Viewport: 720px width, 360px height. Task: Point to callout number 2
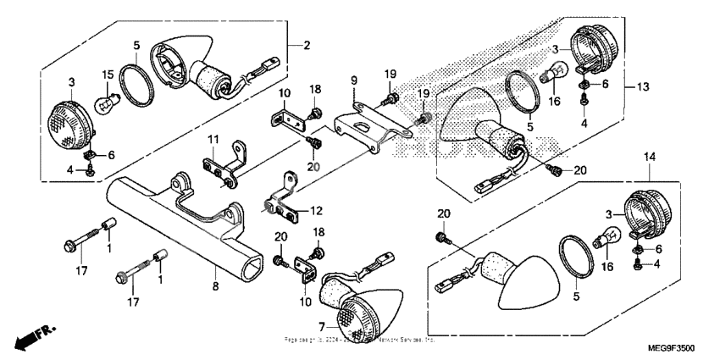[307, 45]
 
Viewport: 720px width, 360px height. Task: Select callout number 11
[214, 139]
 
